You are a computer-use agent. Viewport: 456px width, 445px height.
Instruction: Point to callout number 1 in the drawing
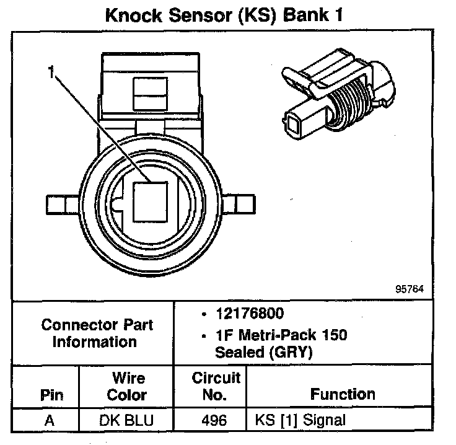click(52, 73)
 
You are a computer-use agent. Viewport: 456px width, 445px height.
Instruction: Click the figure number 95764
click(411, 289)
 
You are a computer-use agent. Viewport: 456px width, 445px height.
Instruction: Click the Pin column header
click(51, 395)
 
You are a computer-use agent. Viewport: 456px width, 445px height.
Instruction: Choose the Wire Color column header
click(126, 386)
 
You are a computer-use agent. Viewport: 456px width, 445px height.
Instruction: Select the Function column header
click(343, 394)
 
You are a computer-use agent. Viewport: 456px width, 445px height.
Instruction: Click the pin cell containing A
click(50, 420)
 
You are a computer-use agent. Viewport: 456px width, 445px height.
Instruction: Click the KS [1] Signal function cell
click(300, 420)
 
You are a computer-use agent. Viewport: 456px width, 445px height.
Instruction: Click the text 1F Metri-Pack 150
click(281, 335)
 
